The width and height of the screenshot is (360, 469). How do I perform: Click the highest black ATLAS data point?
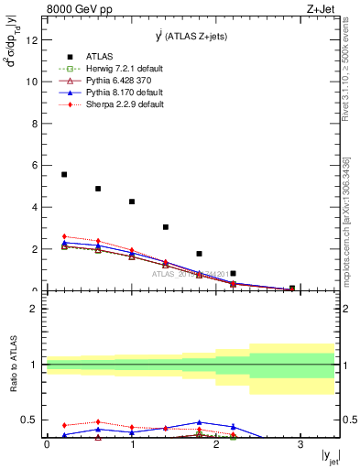pos(64,174)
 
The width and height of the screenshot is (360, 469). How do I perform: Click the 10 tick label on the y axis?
pos(32,82)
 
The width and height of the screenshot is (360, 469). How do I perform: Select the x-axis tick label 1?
pos(132,443)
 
